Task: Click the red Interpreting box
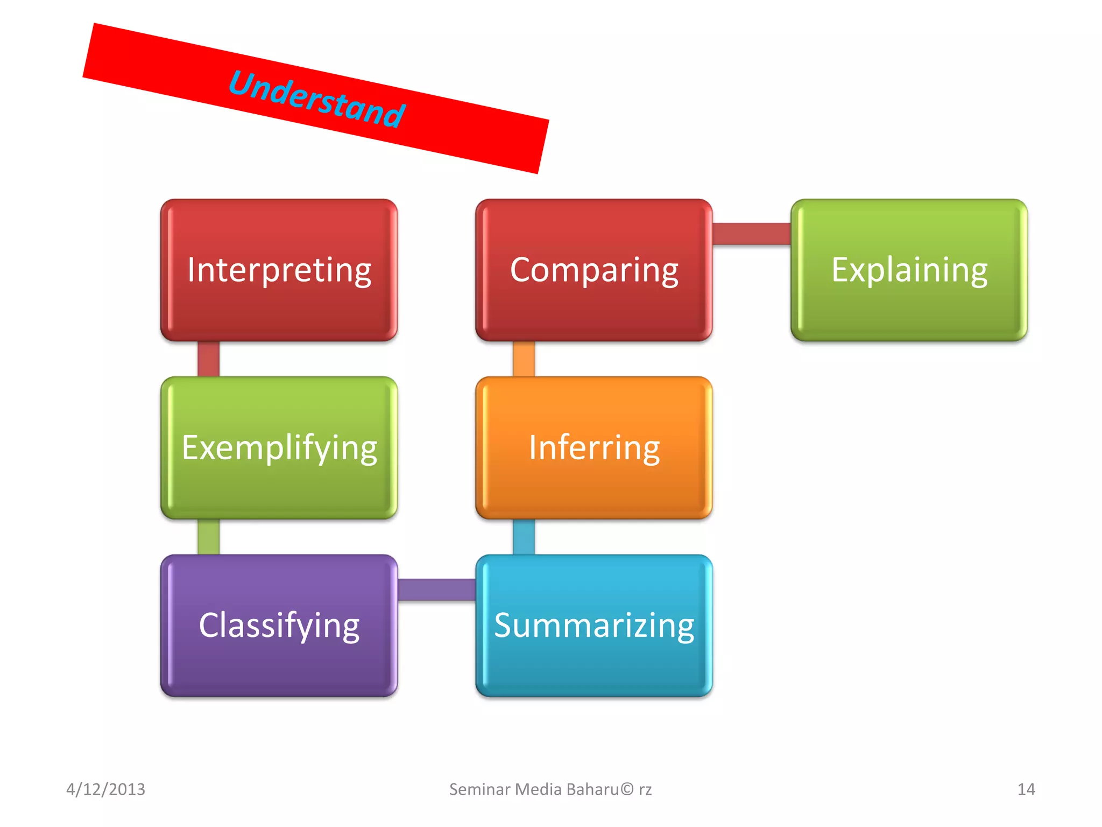coord(279,270)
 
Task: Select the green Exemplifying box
coord(279,447)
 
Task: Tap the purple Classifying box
coord(279,625)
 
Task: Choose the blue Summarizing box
coord(594,625)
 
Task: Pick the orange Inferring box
coord(594,447)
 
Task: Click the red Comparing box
coord(594,270)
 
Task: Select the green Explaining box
coord(909,270)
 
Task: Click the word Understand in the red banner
coord(316,99)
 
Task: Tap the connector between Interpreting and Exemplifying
coord(208,359)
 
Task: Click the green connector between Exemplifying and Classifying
coord(208,537)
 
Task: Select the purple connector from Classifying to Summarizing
coord(436,590)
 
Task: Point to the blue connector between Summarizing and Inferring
coord(524,537)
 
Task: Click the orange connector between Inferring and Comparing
coord(524,359)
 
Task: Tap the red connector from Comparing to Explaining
coord(752,234)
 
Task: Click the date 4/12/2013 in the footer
coord(105,789)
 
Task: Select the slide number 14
coord(1026,789)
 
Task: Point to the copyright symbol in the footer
coord(627,789)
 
